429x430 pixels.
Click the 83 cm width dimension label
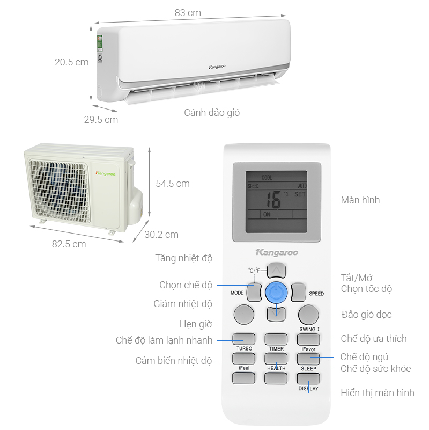pos(187,13)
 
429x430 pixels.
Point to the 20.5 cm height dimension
pos(71,62)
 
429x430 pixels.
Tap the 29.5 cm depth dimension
pos(101,119)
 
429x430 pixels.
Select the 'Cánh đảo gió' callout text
pos(212,113)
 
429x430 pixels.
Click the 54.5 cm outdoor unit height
pos(173,184)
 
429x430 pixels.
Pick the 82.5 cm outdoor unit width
pos(69,244)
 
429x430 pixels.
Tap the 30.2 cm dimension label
pos(161,234)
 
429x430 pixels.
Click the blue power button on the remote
pos(276,292)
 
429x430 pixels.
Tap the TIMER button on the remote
pos(276,339)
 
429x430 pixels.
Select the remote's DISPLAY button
pos(308,378)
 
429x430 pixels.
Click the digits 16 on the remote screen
pos(273,200)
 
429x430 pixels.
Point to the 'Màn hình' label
pos(360,200)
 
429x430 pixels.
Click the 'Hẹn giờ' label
pos(196,324)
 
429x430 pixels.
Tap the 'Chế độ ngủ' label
pos(365,357)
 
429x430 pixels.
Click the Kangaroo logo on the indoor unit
pos(217,67)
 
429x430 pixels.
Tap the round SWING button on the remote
pos(309,315)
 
